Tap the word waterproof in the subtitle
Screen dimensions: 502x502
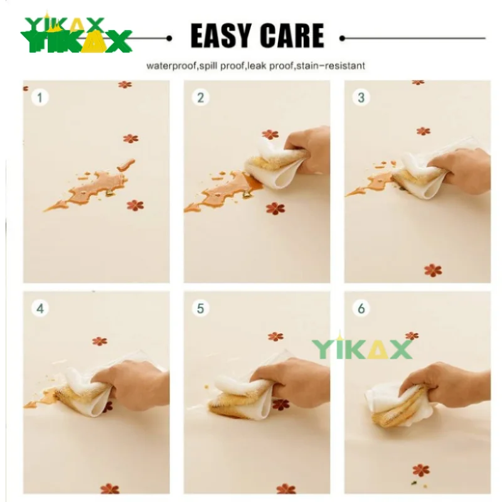pos(171,66)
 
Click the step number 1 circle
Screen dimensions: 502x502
pos(40,97)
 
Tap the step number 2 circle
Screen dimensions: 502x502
pos(201,97)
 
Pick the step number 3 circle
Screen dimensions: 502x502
pos(361,97)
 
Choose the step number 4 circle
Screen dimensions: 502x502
pos(40,309)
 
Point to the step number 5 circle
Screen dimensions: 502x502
pos(201,309)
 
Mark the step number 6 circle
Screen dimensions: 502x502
pos(361,309)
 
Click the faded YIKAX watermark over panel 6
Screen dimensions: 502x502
pos(362,348)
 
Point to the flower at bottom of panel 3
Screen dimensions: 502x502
pos(433,270)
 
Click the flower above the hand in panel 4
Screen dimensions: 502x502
pos(100,341)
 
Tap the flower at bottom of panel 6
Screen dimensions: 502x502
pos(421,470)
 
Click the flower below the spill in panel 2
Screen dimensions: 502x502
pos(275,208)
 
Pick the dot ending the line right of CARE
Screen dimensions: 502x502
pos(342,38)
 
